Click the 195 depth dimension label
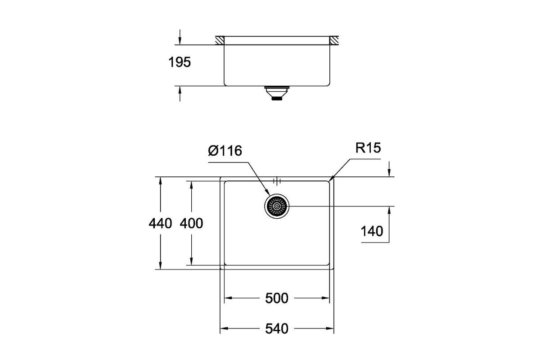(x=180, y=62)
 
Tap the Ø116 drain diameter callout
(x=225, y=151)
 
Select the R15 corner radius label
(x=368, y=148)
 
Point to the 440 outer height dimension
(x=160, y=223)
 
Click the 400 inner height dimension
(x=191, y=223)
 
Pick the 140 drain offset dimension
(x=372, y=231)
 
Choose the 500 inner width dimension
(x=276, y=298)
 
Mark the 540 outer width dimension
(x=276, y=328)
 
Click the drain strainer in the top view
(x=277, y=207)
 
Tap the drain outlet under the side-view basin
(x=277, y=93)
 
